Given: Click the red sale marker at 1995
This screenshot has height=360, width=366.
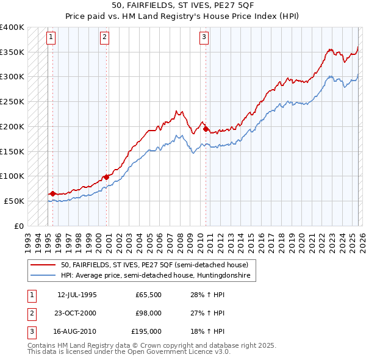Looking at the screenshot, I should [x=52, y=193].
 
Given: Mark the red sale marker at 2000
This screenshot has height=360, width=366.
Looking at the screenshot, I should [x=106, y=177].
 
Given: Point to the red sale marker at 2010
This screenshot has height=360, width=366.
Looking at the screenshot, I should [x=206, y=129].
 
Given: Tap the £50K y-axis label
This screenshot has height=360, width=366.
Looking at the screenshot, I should [x=14, y=201].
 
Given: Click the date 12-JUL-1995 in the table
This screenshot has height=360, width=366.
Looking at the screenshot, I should [x=77, y=295].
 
